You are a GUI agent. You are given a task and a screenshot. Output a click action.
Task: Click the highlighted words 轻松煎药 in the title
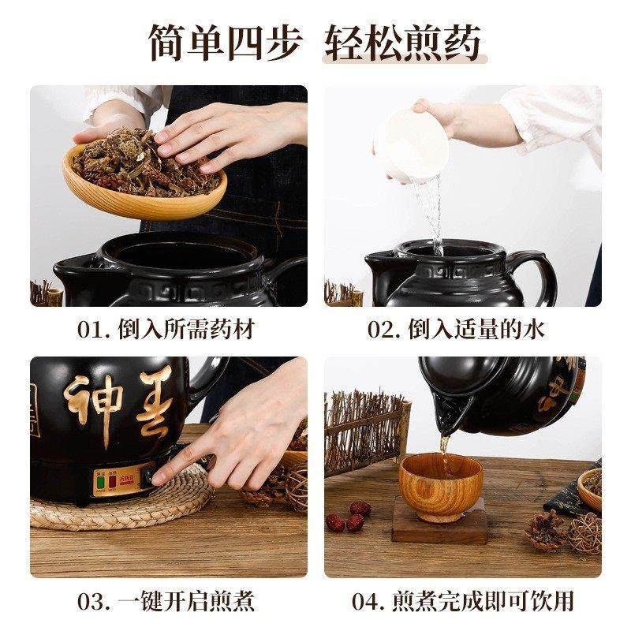pyautogui.click(x=402, y=43)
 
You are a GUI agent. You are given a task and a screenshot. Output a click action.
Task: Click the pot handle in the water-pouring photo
pyautogui.click(x=544, y=272)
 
